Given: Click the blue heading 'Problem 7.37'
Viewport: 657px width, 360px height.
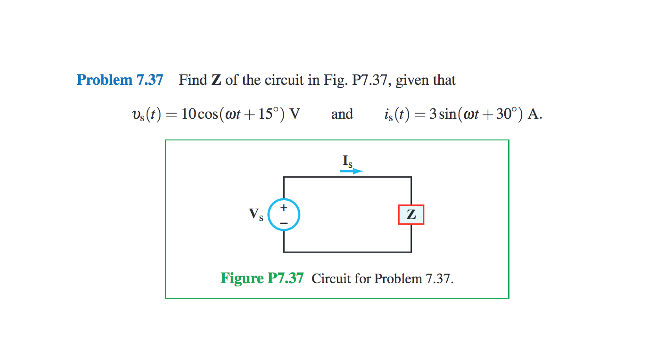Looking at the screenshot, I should click(x=120, y=80).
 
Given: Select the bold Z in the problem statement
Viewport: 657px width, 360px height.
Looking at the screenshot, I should click(x=216, y=80).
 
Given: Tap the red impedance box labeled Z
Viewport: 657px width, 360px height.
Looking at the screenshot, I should click(x=411, y=215).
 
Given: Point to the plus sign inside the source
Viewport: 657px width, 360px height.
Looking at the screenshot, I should click(x=284, y=207).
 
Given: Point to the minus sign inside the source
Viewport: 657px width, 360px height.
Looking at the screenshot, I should click(x=284, y=222).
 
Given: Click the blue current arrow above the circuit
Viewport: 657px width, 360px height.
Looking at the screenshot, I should click(x=351, y=172).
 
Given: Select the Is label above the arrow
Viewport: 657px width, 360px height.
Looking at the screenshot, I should click(x=347, y=162).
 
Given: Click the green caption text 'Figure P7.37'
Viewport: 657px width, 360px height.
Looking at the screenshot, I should click(x=262, y=278).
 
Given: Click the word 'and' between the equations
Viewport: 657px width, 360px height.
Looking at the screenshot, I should click(x=342, y=114).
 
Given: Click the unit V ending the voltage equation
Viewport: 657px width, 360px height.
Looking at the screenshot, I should click(x=295, y=114).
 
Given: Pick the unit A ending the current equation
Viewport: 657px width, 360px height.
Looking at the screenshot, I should click(x=534, y=114).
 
